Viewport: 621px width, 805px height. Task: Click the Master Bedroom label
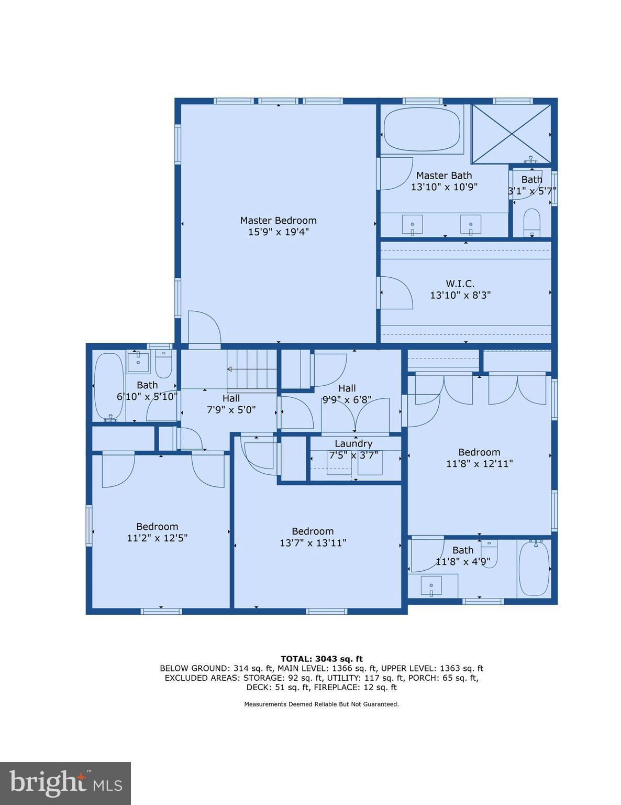(x=278, y=220)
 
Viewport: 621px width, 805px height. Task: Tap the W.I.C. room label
(x=460, y=284)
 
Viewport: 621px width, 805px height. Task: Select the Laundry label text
(x=353, y=443)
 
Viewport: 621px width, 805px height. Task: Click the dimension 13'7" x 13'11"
(x=313, y=543)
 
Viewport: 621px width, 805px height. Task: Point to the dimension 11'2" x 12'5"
(x=157, y=538)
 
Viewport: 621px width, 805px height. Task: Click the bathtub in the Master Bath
(x=422, y=129)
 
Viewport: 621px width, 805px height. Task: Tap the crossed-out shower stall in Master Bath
(x=511, y=134)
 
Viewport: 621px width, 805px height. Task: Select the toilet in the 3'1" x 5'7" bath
(x=531, y=222)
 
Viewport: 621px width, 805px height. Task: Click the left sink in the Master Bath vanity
(x=413, y=225)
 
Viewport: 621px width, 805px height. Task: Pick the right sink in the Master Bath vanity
(x=471, y=225)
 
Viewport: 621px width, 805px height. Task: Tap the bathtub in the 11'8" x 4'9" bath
(x=534, y=569)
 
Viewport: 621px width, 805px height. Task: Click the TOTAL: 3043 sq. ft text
(x=321, y=659)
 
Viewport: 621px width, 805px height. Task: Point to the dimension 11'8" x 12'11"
(x=479, y=464)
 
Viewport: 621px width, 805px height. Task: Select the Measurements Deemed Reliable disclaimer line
(x=321, y=704)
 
